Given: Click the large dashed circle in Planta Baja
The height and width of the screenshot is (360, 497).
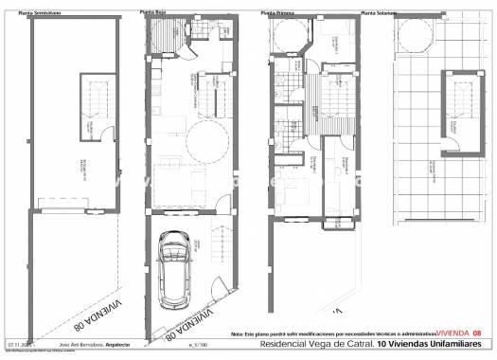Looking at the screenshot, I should pos(208,142).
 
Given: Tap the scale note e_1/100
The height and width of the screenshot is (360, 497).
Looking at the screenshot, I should pos(198,344).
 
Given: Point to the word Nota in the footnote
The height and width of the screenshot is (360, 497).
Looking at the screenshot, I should pos(236,334).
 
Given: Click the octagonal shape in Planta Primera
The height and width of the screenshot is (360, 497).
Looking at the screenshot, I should pos(286,35).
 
